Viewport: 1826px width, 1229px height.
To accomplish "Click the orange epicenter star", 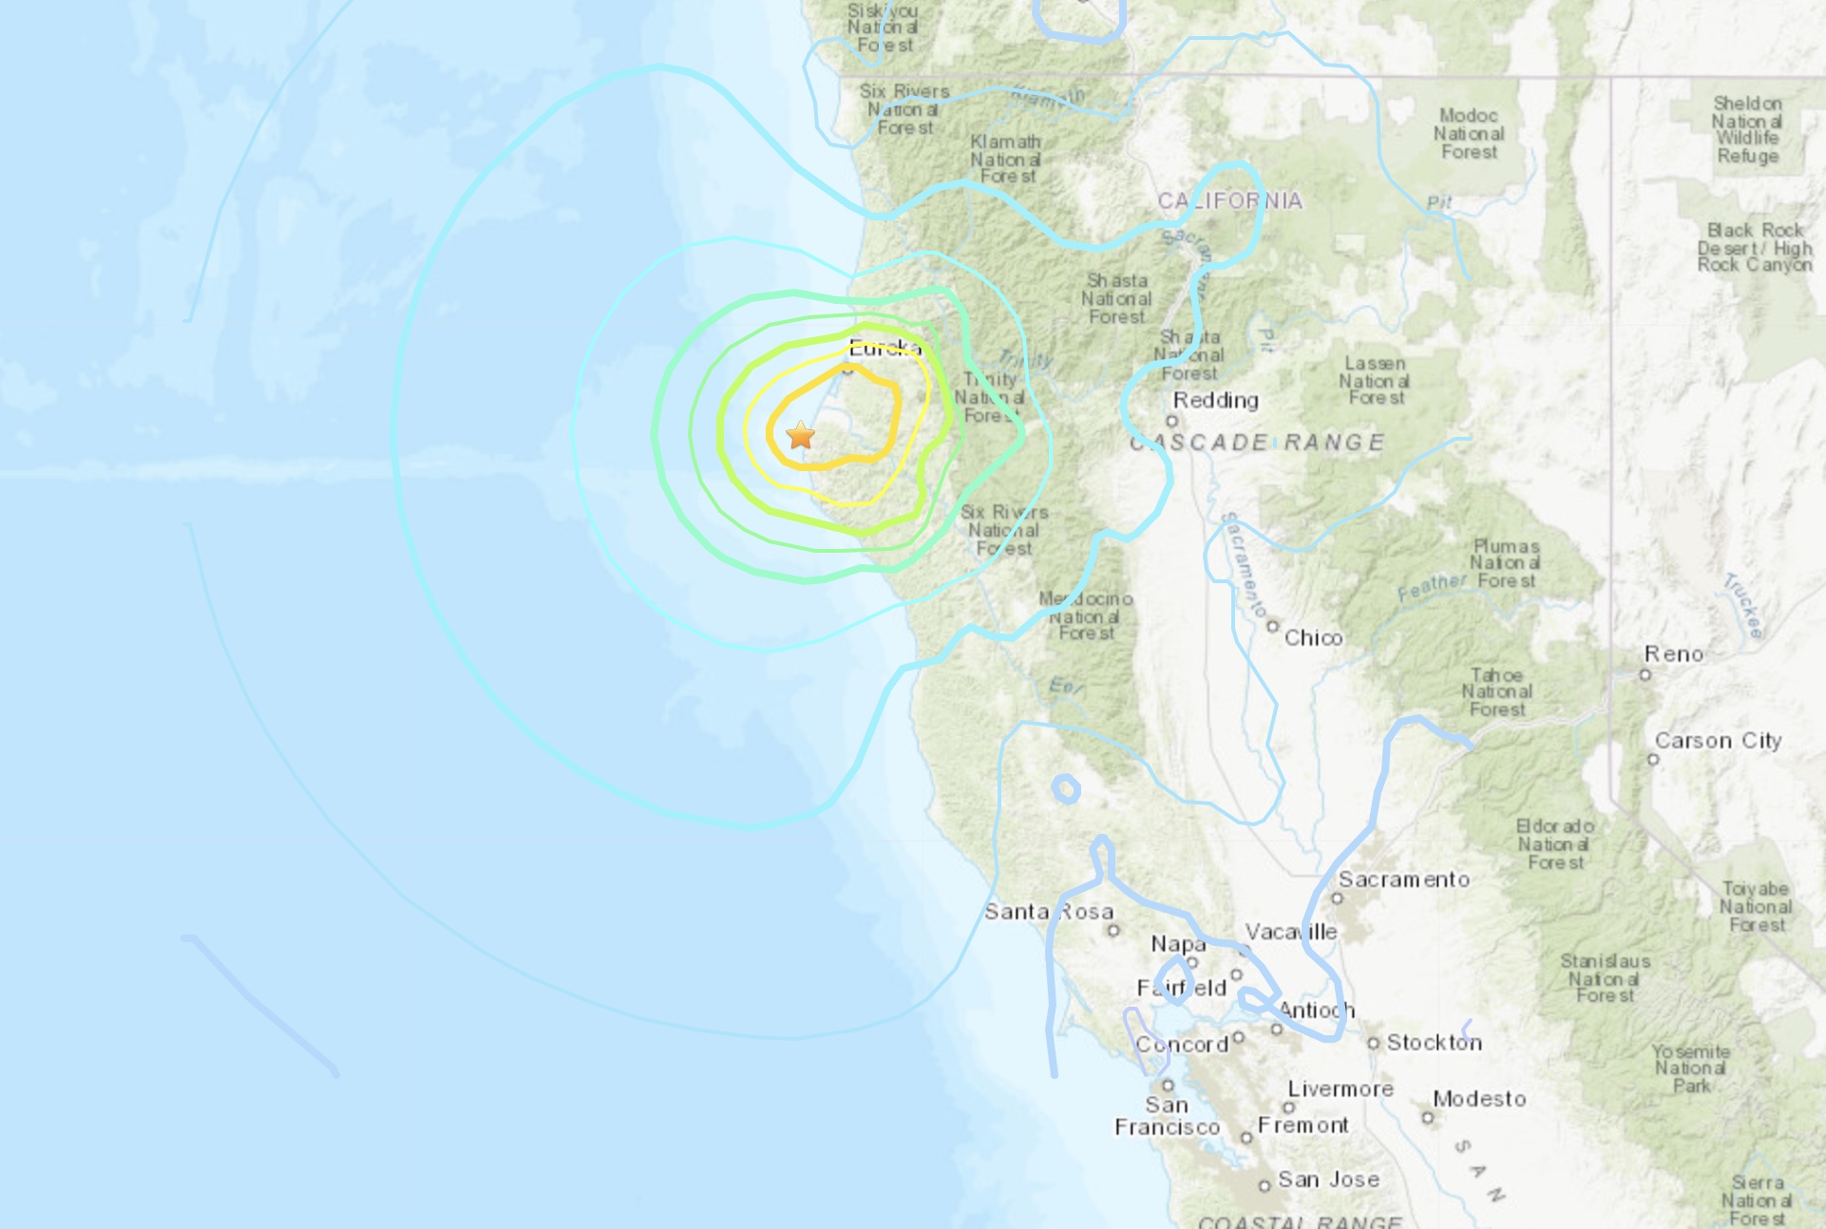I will coord(801,435).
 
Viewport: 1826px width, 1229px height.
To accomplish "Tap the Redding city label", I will coord(1215,400).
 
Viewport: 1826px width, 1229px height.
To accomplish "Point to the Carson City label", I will coord(1718,740).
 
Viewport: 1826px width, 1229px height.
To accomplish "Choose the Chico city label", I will coord(1313,637).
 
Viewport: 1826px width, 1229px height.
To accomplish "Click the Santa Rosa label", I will coord(1048,912).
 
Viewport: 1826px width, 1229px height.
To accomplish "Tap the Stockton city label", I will coord(1434,1042).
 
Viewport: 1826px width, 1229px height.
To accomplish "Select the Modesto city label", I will coord(1479,1099).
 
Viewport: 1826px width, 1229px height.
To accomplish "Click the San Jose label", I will coord(1328,1180).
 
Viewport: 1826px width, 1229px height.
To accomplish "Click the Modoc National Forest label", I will coord(1469,134).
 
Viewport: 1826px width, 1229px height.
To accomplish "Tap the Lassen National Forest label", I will coord(1375,380).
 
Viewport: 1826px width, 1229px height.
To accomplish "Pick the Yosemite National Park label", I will coord(1691,1068).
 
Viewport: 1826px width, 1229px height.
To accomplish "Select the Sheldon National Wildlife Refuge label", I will coord(1747,129).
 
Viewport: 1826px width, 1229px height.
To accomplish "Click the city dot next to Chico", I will coord(1273,627).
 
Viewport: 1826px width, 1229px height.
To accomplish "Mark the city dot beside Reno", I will coord(1645,674).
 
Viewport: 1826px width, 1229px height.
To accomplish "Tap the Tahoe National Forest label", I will coord(1497,692).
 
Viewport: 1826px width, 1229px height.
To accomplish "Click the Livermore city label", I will coord(1341,1088).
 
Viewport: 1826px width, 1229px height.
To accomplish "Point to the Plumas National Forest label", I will coord(1506,563).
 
